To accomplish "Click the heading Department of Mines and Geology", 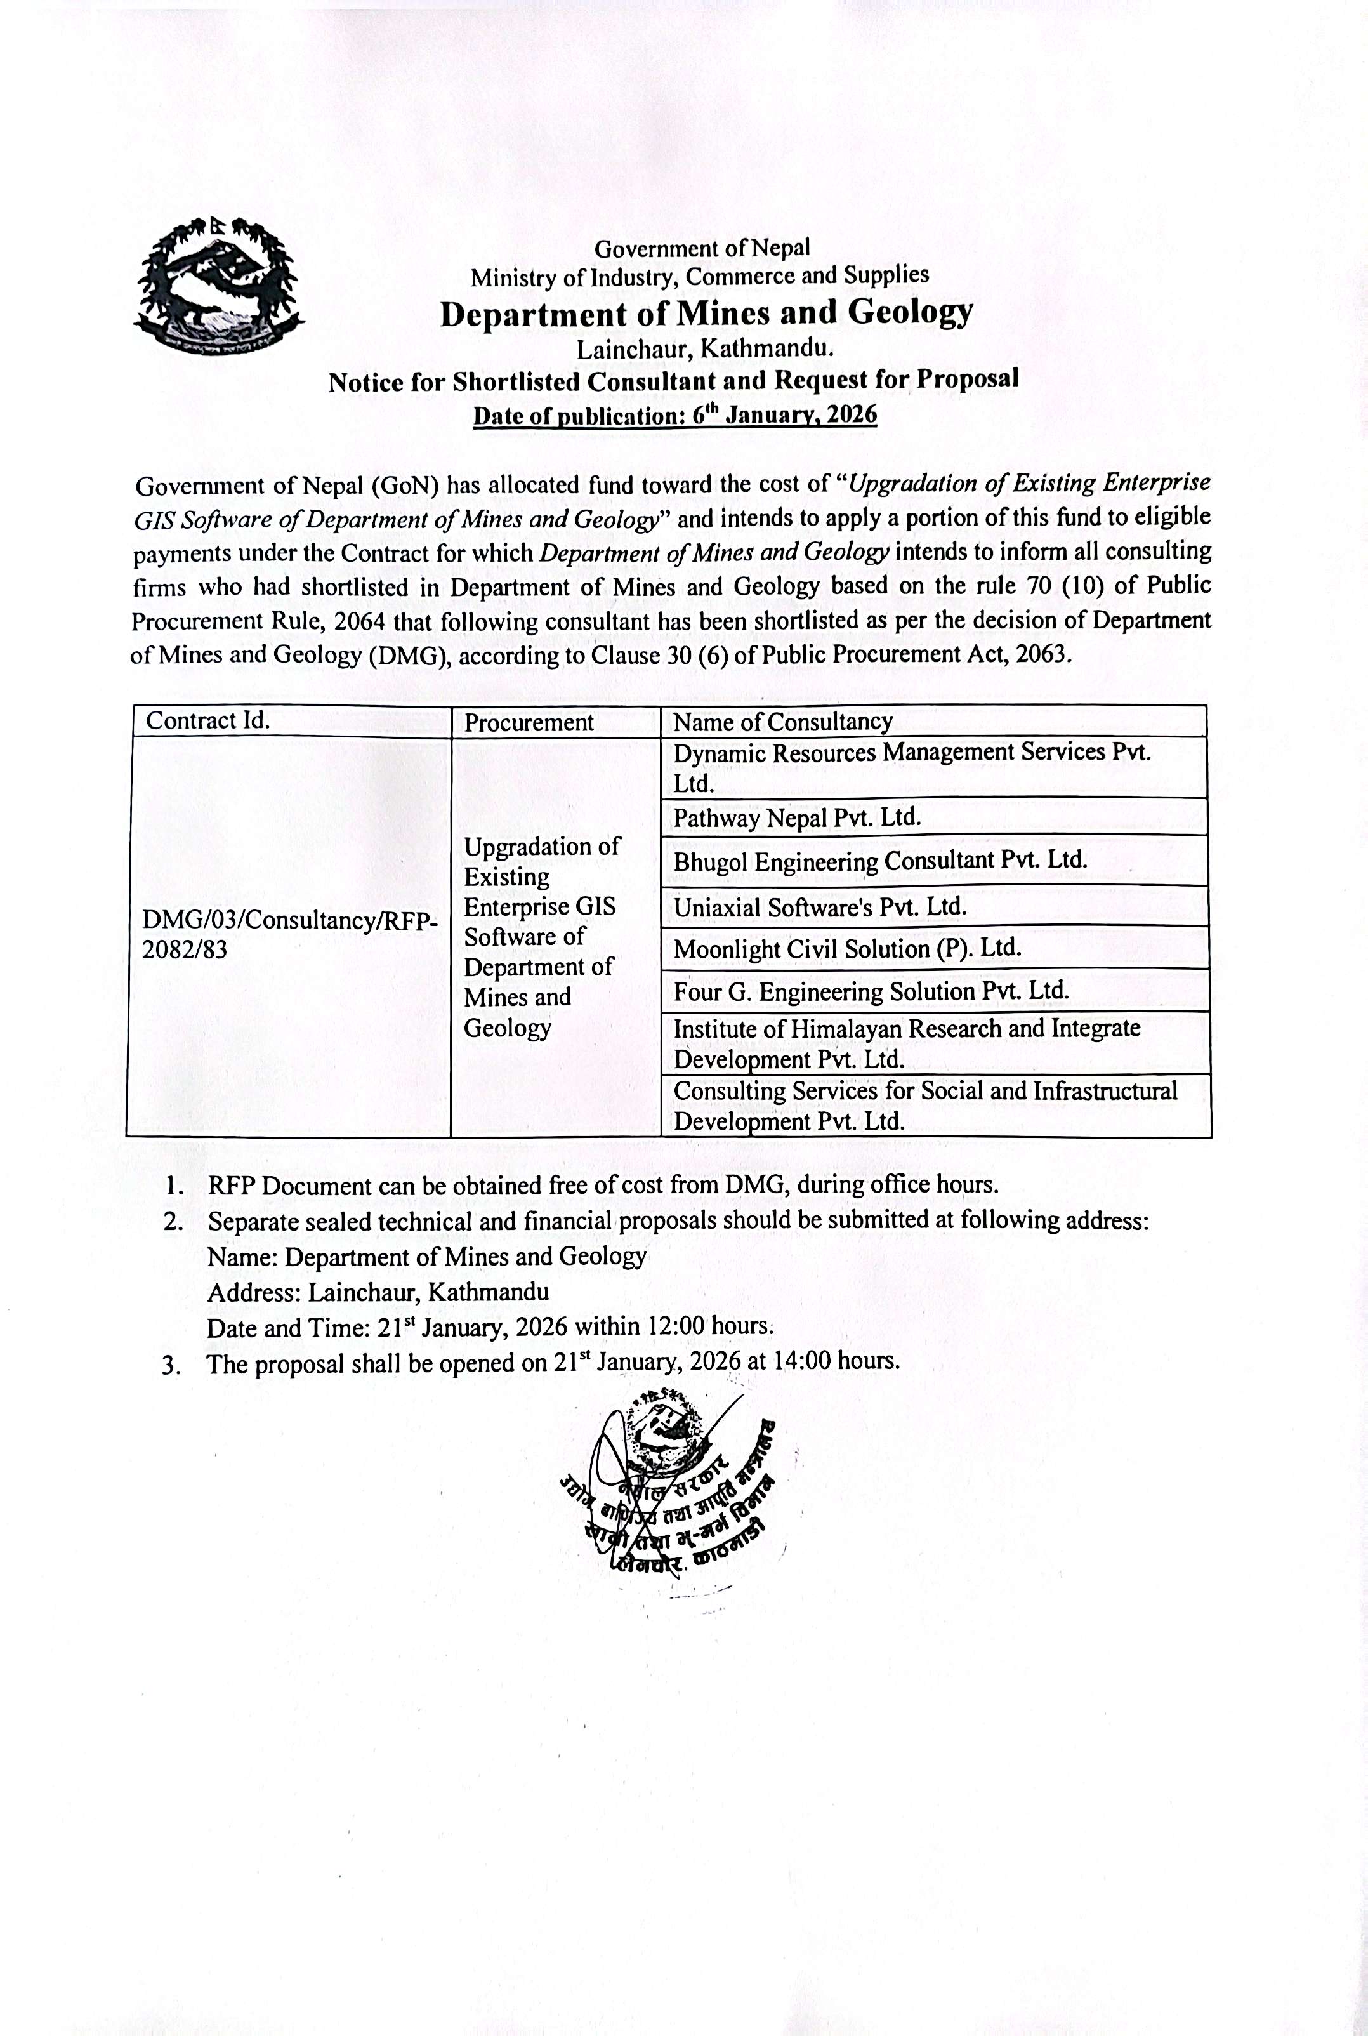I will (706, 312).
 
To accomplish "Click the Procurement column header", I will (528, 723).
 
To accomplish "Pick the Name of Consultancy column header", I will (782, 722).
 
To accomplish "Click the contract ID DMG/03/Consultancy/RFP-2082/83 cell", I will (289, 935).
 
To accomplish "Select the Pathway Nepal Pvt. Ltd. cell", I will (796, 817).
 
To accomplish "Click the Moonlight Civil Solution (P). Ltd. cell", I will (846, 949).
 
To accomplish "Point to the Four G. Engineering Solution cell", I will (871, 991).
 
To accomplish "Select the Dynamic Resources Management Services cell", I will (911, 767).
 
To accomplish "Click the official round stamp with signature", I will (668, 1486).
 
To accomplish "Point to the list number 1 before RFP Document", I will (174, 1186).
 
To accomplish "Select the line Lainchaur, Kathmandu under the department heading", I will (705, 349).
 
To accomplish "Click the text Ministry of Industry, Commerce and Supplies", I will (700, 277).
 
